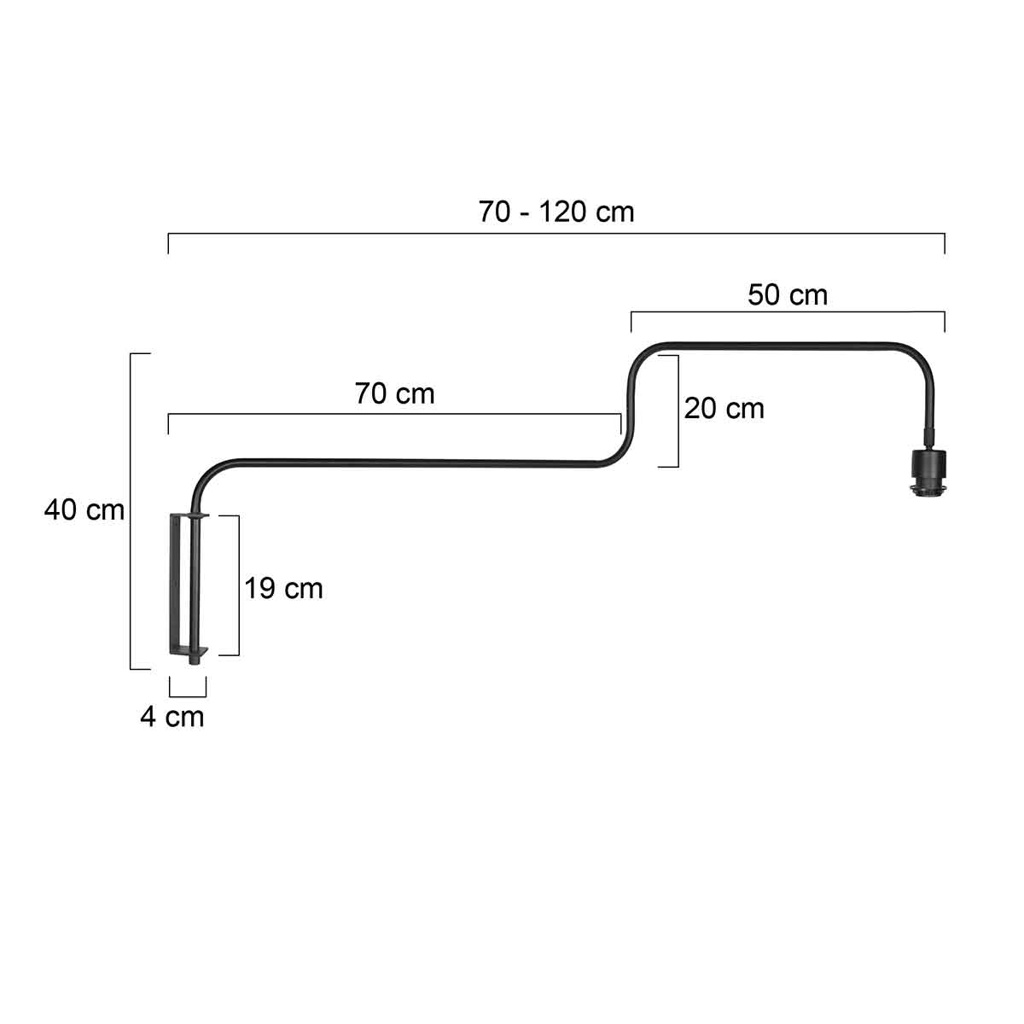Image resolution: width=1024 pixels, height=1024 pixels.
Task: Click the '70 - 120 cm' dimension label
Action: click(556, 212)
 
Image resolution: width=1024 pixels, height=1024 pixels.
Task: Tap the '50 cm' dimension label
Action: click(788, 295)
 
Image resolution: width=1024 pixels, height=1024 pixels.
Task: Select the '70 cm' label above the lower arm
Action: click(394, 393)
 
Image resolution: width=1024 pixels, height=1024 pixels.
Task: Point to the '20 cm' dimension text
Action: click(724, 409)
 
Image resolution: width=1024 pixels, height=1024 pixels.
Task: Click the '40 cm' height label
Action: click(84, 510)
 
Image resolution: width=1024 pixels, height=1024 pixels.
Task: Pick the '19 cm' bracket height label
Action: click(284, 589)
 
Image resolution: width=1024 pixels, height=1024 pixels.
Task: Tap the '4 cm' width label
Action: click(172, 717)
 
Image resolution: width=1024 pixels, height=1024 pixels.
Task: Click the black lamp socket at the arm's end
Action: click(928, 470)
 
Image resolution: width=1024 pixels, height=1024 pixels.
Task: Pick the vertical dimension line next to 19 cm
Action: click(238, 585)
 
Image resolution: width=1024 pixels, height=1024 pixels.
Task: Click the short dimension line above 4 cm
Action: click(188, 695)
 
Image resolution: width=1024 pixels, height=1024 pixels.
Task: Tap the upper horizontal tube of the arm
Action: click(785, 345)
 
